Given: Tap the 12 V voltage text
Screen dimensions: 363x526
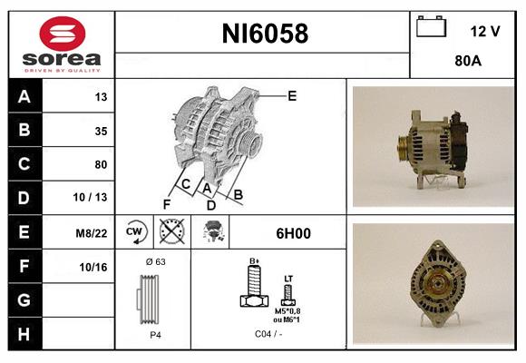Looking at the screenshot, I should [x=484, y=30].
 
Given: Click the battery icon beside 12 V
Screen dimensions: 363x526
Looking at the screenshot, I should [x=431, y=27].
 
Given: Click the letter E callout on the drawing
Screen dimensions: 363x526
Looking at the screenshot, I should [x=292, y=94].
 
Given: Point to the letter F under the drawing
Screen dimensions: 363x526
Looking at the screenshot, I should [x=166, y=204].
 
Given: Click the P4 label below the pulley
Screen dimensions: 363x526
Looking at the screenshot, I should [x=155, y=334].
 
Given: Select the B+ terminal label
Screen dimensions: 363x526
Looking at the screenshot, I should [x=255, y=260].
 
